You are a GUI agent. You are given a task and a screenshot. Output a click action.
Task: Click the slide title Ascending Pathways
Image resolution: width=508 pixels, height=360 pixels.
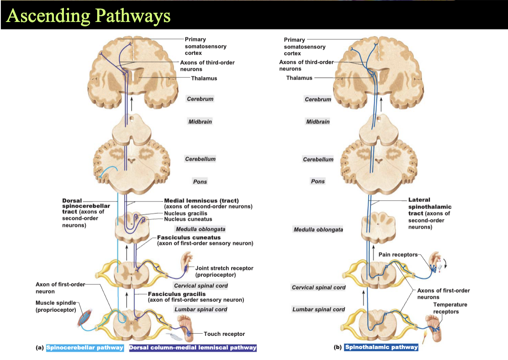(x=88, y=16)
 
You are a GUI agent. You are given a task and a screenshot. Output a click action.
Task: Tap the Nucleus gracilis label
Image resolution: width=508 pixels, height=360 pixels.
(x=185, y=213)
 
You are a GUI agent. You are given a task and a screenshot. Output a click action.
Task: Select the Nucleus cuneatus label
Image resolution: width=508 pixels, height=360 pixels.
(x=188, y=219)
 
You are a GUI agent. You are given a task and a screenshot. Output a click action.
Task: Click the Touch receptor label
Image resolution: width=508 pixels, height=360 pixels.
(x=224, y=334)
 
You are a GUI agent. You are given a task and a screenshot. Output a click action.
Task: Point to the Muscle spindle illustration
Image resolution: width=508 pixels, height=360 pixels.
(x=85, y=317)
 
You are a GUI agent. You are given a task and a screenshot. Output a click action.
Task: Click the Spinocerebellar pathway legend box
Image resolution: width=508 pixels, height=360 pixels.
(x=85, y=348)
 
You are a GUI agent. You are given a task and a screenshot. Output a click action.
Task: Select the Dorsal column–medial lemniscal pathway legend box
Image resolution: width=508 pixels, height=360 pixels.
(x=193, y=348)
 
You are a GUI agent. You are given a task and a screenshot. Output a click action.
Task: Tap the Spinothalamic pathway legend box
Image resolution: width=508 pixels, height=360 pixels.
(x=381, y=347)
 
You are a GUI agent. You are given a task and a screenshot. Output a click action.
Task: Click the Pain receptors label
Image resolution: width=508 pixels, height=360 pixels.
(x=398, y=254)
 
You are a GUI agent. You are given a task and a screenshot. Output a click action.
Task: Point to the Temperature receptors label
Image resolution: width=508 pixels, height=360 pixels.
(x=450, y=308)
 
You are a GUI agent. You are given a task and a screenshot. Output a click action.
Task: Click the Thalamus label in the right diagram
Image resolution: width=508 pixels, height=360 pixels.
(x=299, y=78)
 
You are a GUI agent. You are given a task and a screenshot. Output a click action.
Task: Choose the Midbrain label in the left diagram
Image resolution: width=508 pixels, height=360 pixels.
(x=200, y=121)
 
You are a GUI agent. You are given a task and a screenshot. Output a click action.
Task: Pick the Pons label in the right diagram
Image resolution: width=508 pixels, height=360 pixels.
(x=318, y=181)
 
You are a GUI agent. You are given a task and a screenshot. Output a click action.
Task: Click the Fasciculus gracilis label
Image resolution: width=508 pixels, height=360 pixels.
(x=176, y=294)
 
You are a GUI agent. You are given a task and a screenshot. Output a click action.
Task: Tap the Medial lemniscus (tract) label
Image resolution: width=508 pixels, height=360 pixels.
(x=201, y=201)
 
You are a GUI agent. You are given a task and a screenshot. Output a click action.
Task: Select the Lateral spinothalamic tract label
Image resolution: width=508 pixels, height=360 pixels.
(x=430, y=206)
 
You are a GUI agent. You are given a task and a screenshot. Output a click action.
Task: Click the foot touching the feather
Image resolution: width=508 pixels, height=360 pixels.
(x=186, y=328)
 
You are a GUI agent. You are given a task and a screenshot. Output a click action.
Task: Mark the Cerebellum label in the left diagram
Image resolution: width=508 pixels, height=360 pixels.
(x=200, y=159)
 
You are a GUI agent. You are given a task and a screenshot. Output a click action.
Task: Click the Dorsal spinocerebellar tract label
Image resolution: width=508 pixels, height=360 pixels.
(x=86, y=206)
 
